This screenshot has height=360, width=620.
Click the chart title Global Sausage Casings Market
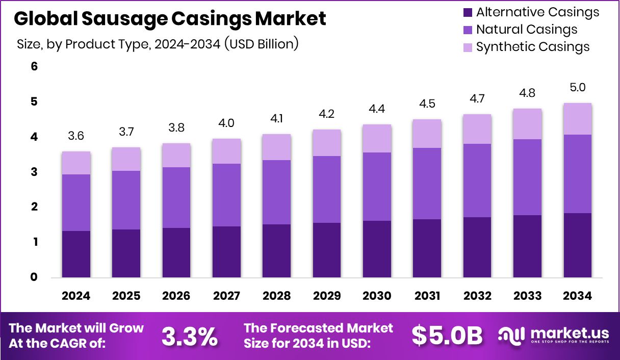[170, 19]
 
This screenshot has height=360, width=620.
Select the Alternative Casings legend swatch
[467, 12]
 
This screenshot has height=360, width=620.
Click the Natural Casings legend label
[526, 30]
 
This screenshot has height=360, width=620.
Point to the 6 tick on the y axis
[34, 67]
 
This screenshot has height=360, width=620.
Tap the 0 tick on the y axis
[34, 277]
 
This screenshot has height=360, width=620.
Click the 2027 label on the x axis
[226, 296]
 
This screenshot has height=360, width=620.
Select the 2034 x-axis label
[578, 296]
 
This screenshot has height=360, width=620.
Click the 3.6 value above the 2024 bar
[76, 137]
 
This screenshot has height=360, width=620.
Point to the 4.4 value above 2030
[377, 109]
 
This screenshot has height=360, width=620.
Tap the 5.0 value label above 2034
[578, 88]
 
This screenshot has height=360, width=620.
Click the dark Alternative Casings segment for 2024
[76, 254]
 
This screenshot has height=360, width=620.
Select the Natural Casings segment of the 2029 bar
[327, 189]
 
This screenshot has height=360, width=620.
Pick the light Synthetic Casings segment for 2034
[578, 119]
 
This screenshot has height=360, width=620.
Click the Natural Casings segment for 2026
[176, 197]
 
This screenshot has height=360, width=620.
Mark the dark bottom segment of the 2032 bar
[477, 247]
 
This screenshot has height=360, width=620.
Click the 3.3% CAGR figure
[190, 336]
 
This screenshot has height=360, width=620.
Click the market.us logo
[553, 336]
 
